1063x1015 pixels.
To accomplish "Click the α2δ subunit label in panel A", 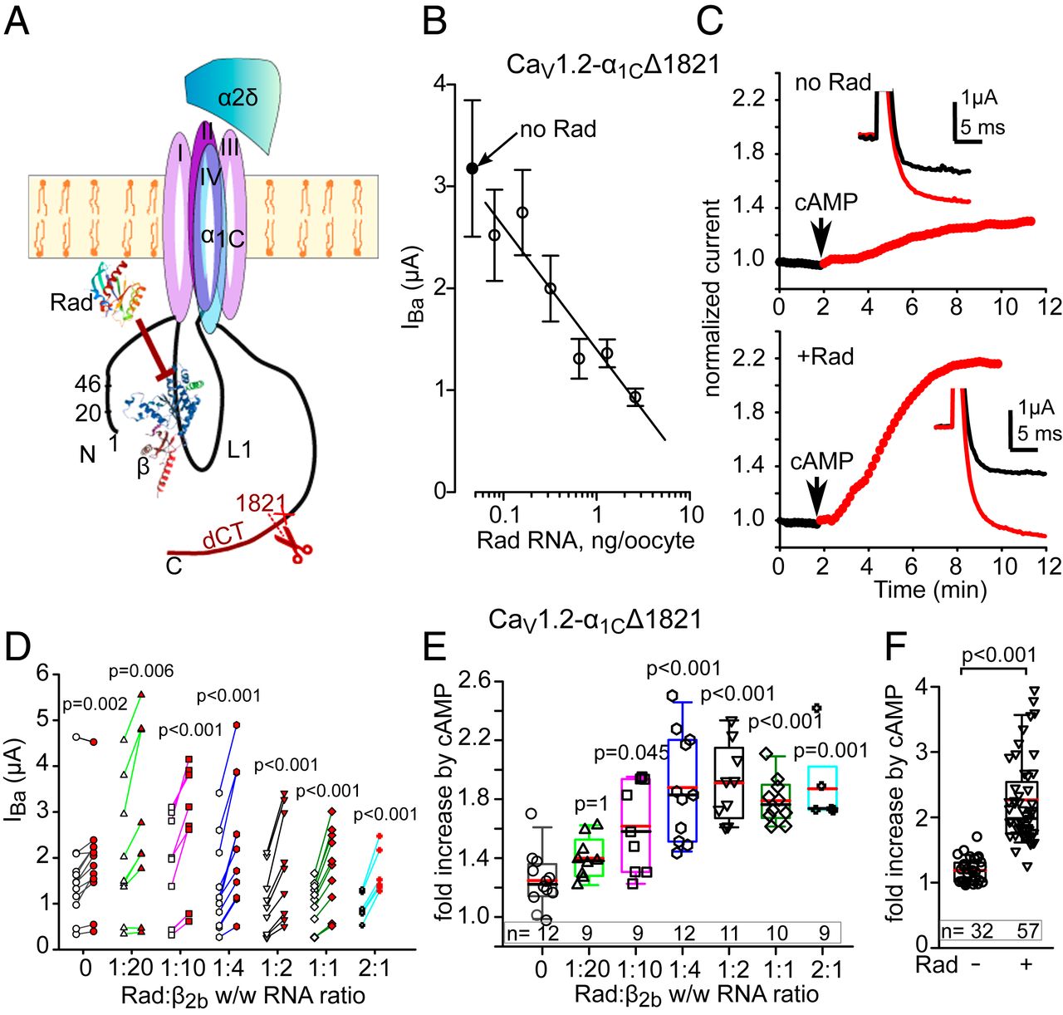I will (x=238, y=98).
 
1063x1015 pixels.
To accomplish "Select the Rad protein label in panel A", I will (x=71, y=302).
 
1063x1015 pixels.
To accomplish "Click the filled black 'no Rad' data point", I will (x=473, y=169).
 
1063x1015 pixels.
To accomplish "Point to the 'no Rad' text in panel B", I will (x=558, y=130).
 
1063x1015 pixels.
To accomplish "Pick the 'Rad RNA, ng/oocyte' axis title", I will (x=585, y=540).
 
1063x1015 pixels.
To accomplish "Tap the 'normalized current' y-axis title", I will (x=713, y=297).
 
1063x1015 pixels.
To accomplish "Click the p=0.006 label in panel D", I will (x=141, y=671).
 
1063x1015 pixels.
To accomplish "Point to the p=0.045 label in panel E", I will (x=631, y=753).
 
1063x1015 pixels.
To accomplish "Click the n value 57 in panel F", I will (x=1027, y=931).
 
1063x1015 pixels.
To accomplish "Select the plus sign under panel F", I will (x=1027, y=965).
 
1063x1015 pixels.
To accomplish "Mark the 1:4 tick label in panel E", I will (x=682, y=968).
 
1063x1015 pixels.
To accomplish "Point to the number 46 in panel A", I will (x=88, y=385).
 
